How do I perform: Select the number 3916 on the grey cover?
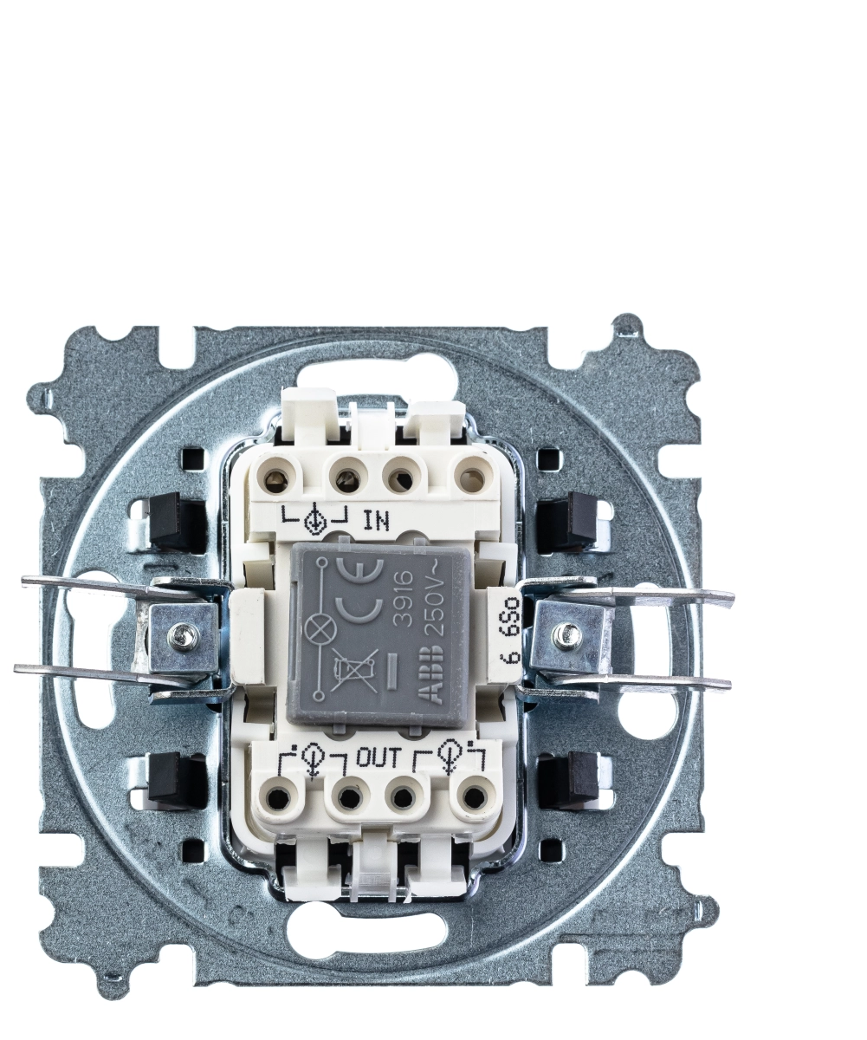pyautogui.click(x=403, y=597)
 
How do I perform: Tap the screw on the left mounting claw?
pyautogui.click(x=177, y=634)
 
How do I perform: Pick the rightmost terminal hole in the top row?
pyautogui.click(x=466, y=480)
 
